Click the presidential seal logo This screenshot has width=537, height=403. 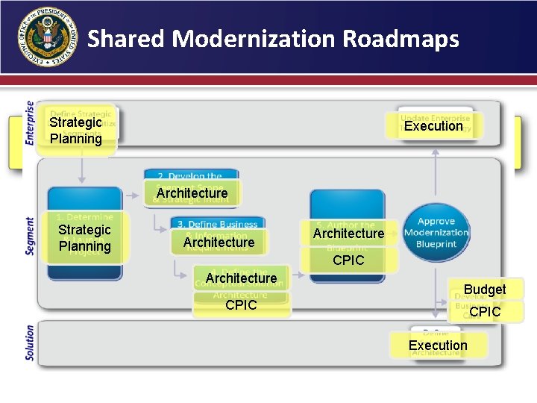(47, 37)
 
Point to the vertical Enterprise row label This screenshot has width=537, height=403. (30, 122)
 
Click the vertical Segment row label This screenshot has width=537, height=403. (30, 236)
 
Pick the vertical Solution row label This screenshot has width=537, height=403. (30, 343)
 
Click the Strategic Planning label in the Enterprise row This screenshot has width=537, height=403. (76, 130)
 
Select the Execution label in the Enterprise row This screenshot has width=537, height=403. (433, 126)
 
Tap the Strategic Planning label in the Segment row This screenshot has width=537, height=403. (84, 238)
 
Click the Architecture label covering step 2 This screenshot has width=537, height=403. (192, 193)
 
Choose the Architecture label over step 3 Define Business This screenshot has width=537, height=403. (219, 242)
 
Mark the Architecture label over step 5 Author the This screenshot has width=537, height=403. (348, 234)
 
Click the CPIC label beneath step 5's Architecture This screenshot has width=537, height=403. (348, 260)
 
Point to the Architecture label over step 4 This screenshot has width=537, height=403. (241, 278)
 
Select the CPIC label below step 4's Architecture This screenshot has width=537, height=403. (241, 304)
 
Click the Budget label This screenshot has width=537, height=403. (485, 290)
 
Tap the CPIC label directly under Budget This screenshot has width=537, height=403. (485, 312)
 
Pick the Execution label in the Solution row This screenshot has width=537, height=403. (438, 346)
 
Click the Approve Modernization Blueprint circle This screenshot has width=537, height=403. (436, 232)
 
